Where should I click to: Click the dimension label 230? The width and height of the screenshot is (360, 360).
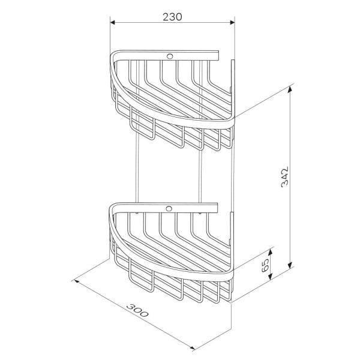tap(172, 17)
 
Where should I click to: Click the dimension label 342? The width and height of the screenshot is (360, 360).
tap(284, 176)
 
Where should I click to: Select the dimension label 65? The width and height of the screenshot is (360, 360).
tap(265, 265)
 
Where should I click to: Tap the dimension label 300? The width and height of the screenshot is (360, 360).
tap(137, 310)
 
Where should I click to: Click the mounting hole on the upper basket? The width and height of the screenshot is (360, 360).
tap(170, 56)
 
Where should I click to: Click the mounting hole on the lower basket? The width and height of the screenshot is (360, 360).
tap(169, 209)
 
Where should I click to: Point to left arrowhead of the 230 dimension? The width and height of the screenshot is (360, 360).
tap(113, 23)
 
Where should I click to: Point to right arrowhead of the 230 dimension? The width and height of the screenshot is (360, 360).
tap(232, 23)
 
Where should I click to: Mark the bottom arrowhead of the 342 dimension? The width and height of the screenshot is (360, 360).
tap(290, 265)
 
